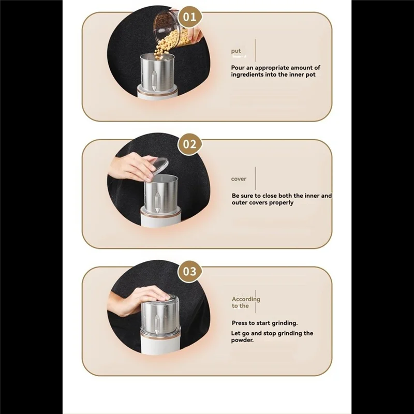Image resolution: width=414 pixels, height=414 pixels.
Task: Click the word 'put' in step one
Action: pos(236,51)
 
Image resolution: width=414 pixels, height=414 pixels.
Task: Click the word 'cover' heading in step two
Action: pos(239,179)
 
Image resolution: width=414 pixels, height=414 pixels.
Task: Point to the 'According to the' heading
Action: pos(245,302)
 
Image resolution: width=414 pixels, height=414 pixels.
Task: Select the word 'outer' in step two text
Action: pos(240,203)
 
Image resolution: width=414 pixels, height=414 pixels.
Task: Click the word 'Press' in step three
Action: pos(241,323)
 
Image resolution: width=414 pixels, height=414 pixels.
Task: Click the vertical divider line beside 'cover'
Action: pos(255,179)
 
